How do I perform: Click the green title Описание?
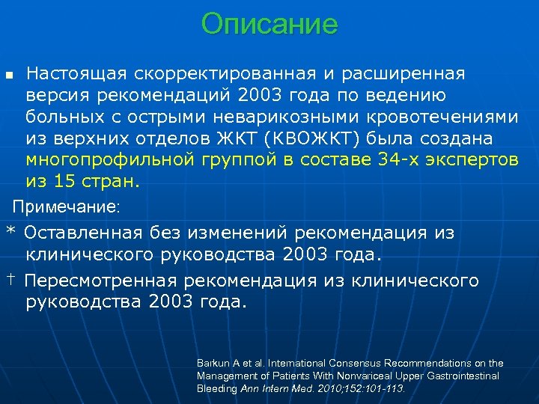click(x=269, y=25)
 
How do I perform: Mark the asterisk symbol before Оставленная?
click(x=10, y=231)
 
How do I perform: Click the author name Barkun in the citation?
click(x=211, y=363)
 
